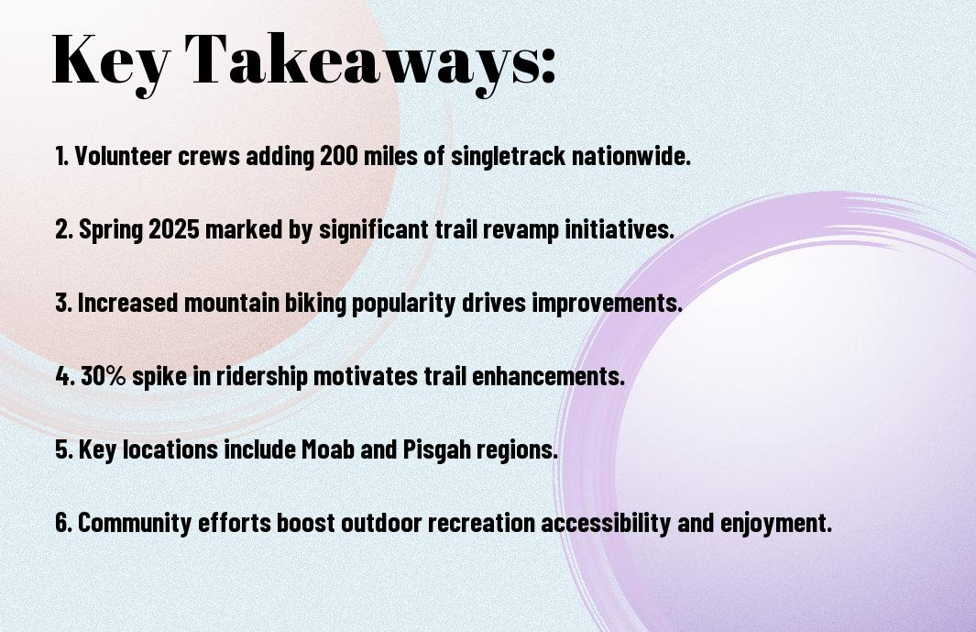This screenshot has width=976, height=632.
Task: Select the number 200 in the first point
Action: click(x=338, y=156)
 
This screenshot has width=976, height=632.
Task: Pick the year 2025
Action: click(x=173, y=229)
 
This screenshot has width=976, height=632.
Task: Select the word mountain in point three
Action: click(x=232, y=303)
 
